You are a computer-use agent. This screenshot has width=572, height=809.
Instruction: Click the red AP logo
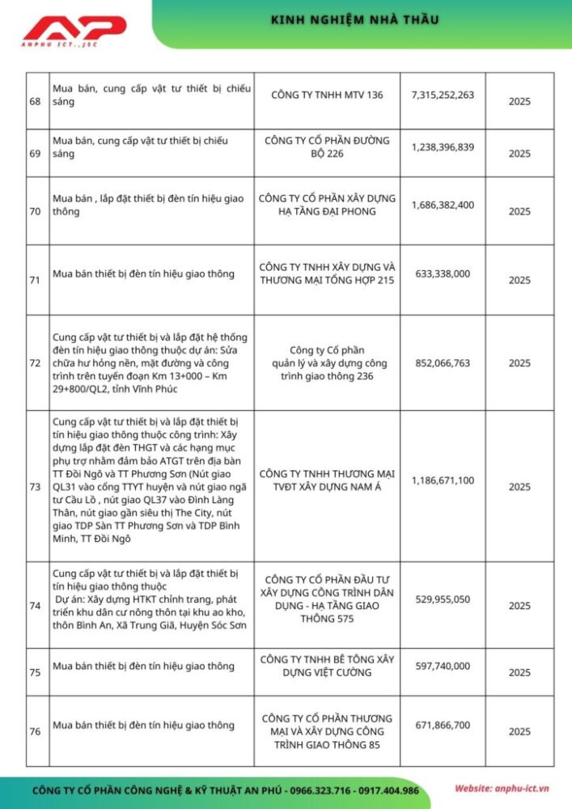[x=74, y=31]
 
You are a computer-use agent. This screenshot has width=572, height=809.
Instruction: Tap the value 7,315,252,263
[x=443, y=95]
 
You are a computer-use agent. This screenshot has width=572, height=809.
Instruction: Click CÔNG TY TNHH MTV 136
[x=327, y=95]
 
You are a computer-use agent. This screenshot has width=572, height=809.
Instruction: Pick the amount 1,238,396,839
[x=443, y=146]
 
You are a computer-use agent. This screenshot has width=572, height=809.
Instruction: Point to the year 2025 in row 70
[x=519, y=211]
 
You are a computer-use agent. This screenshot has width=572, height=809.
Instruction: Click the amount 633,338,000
[x=443, y=273]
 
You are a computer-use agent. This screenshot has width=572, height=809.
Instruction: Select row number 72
[x=35, y=363]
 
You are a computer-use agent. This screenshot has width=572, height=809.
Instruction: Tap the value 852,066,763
[x=443, y=362]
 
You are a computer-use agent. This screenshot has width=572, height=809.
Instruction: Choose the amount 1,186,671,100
[x=443, y=480]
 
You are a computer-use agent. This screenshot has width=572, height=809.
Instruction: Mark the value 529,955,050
[x=443, y=599]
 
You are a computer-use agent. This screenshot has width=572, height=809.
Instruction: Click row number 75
[x=35, y=672]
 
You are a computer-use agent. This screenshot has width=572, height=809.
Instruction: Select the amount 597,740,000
[x=443, y=666]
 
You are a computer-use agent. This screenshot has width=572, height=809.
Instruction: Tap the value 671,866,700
[x=443, y=725]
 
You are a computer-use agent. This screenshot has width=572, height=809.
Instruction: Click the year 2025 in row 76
[x=519, y=731]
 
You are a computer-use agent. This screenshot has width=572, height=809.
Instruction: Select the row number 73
[x=35, y=487]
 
